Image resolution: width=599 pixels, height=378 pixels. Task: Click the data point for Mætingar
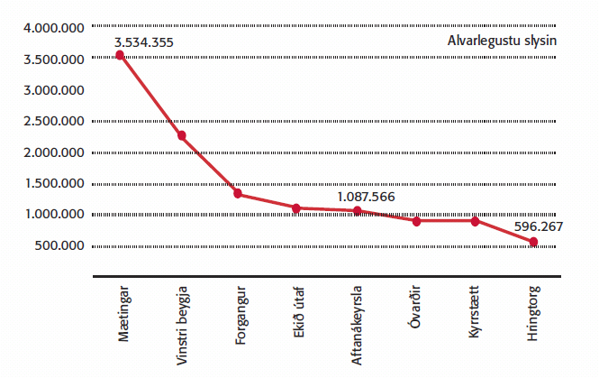coord(121,55)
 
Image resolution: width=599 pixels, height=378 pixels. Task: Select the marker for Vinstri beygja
coord(181,135)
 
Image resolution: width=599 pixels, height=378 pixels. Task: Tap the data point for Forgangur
coord(239,194)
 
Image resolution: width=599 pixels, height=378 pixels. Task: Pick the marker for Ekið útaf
coord(298,207)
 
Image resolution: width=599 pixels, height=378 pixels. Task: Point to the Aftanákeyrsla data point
coord(358,211)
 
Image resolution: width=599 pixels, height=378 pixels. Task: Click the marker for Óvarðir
coord(416,221)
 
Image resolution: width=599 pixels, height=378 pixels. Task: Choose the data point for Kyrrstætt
coord(475,221)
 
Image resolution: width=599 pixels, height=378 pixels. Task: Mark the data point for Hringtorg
coord(533,242)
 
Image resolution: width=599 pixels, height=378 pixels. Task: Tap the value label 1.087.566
coord(366,196)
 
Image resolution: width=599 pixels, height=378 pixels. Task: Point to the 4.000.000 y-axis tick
coord(54,29)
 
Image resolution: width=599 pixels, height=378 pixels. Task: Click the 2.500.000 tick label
coord(54,122)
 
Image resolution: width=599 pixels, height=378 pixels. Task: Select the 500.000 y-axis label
coord(59,246)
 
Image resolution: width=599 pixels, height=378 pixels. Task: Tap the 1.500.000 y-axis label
coord(54,184)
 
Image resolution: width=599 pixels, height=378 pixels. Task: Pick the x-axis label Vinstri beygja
coord(182,326)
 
